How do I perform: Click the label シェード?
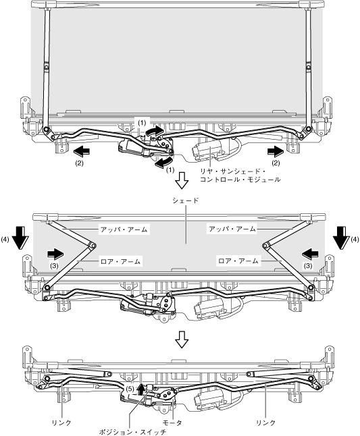[x=185, y=200]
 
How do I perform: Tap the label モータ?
[x=172, y=423]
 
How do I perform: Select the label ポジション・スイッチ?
[x=132, y=432]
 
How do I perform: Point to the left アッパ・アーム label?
[x=124, y=229]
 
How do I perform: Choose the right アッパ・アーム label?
[x=232, y=229]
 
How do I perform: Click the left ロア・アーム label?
[x=120, y=261]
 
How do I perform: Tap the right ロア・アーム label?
[x=238, y=261]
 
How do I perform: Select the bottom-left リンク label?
[x=61, y=423]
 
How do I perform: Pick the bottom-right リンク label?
[x=265, y=423]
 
